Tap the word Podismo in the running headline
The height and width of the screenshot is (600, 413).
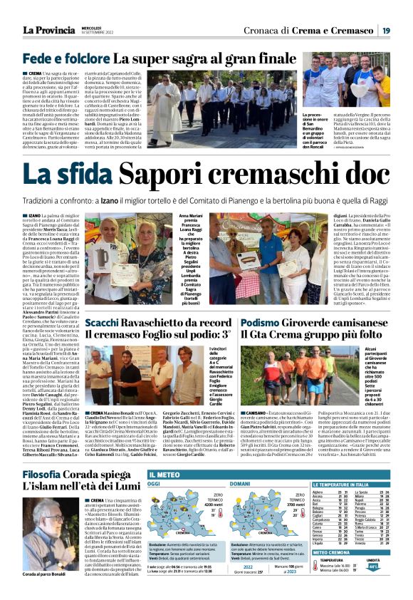click(x=260, y=323)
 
